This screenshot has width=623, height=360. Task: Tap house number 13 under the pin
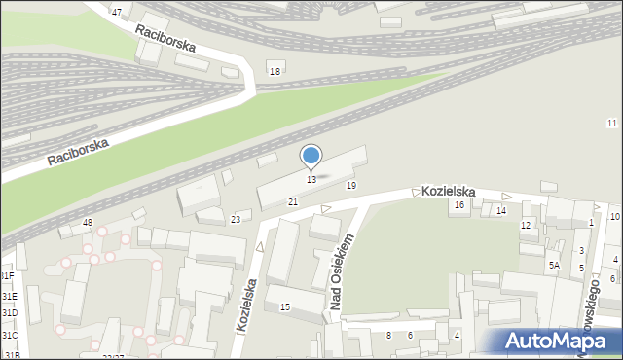tap(311, 180)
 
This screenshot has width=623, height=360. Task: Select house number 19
tap(350, 185)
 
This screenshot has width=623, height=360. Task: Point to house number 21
tap(292, 201)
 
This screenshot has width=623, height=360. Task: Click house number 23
tap(235, 220)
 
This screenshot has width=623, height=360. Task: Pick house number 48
tap(88, 223)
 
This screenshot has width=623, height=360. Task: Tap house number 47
tap(117, 12)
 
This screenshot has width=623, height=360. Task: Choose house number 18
tap(275, 72)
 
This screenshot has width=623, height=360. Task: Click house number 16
tap(459, 204)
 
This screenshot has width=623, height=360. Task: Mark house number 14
tap(501, 210)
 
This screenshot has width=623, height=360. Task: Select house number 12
tap(526, 226)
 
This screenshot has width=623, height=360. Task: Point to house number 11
tap(611, 123)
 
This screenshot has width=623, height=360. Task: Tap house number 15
tap(285, 307)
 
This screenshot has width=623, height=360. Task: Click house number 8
tap(388, 336)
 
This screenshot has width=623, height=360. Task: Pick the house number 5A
tap(554, 265)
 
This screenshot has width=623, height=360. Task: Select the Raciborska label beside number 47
tap(165, 38)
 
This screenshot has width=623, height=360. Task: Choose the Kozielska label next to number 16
tap(448, 192)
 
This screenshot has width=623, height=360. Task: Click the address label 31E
tap(10, 296)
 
